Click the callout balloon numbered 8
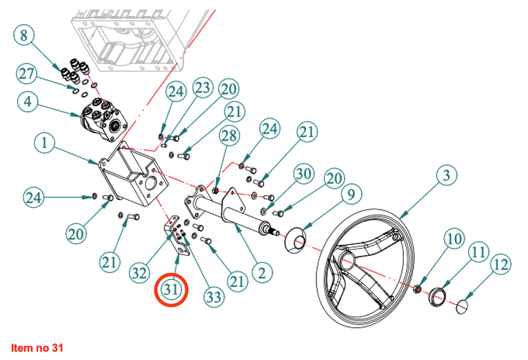[x=24, y=35]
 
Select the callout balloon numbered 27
[x=26, y=74]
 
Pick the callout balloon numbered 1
[x=44, y=144]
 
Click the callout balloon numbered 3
[x=447, y=176]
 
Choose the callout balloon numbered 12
[x=500, y=265]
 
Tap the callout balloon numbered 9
[x=350, y=194]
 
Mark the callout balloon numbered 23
[x=201, y=88]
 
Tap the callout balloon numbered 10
[x=454, y=240]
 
